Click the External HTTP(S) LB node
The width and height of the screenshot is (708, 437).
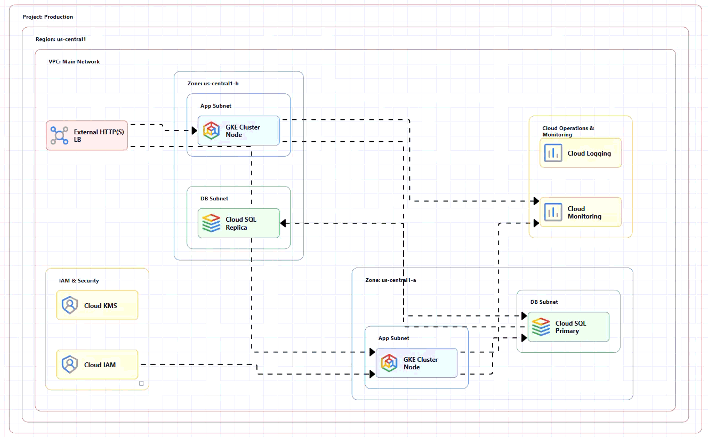tap(87, 135)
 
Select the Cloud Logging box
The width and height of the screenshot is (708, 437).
tap(581, 153)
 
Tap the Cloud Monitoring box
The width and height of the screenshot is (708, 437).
tap(581, 212)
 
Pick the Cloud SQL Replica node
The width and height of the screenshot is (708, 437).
tap(239, 223)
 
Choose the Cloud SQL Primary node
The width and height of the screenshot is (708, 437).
tap(569, 327)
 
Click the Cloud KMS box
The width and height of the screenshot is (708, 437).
tap(98, 305)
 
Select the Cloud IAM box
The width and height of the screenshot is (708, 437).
tap(98, 365)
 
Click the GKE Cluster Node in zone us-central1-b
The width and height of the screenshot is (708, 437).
tap(239, 131)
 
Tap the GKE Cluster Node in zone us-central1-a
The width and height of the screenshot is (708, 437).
tap(416, 363)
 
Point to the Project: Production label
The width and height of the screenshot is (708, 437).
tap(48, 17)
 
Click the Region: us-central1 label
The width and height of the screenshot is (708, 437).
tap(61, 39)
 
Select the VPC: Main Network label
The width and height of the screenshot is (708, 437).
tap(74, 62)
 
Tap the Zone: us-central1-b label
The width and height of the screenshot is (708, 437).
tap(213, 84)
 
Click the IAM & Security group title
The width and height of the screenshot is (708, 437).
tap(79, 281)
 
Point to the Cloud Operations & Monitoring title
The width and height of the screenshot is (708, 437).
tap(568, 131)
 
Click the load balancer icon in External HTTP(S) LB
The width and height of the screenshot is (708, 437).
tap(59, 135)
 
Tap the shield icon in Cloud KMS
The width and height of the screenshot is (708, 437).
tap(70, 305)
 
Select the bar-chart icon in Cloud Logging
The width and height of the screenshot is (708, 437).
tap(553, 153)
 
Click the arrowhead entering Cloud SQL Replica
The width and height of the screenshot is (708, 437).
tap(283, 223)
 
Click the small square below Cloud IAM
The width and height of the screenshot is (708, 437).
tap(141, 383)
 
